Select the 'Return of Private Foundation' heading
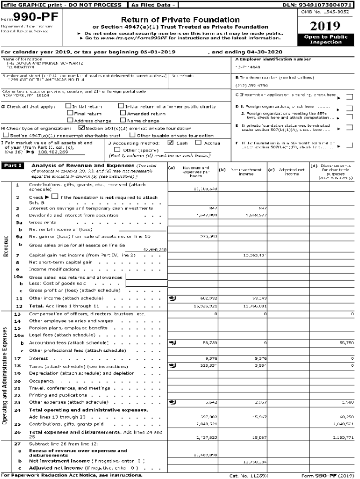point(180,20)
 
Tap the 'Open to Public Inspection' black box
point(325,40)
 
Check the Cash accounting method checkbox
point(171,143)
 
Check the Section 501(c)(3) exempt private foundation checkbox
point(82,128)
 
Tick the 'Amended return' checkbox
point(123,114)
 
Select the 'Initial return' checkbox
point(69,107)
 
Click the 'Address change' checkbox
point(69,120)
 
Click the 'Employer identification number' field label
point(273,59)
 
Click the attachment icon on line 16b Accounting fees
point(172,343)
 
